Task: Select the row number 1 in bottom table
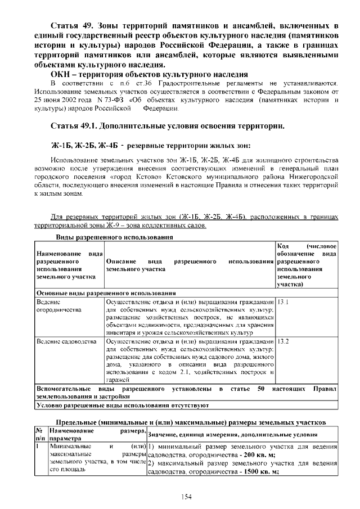click(x=38, y=446)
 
